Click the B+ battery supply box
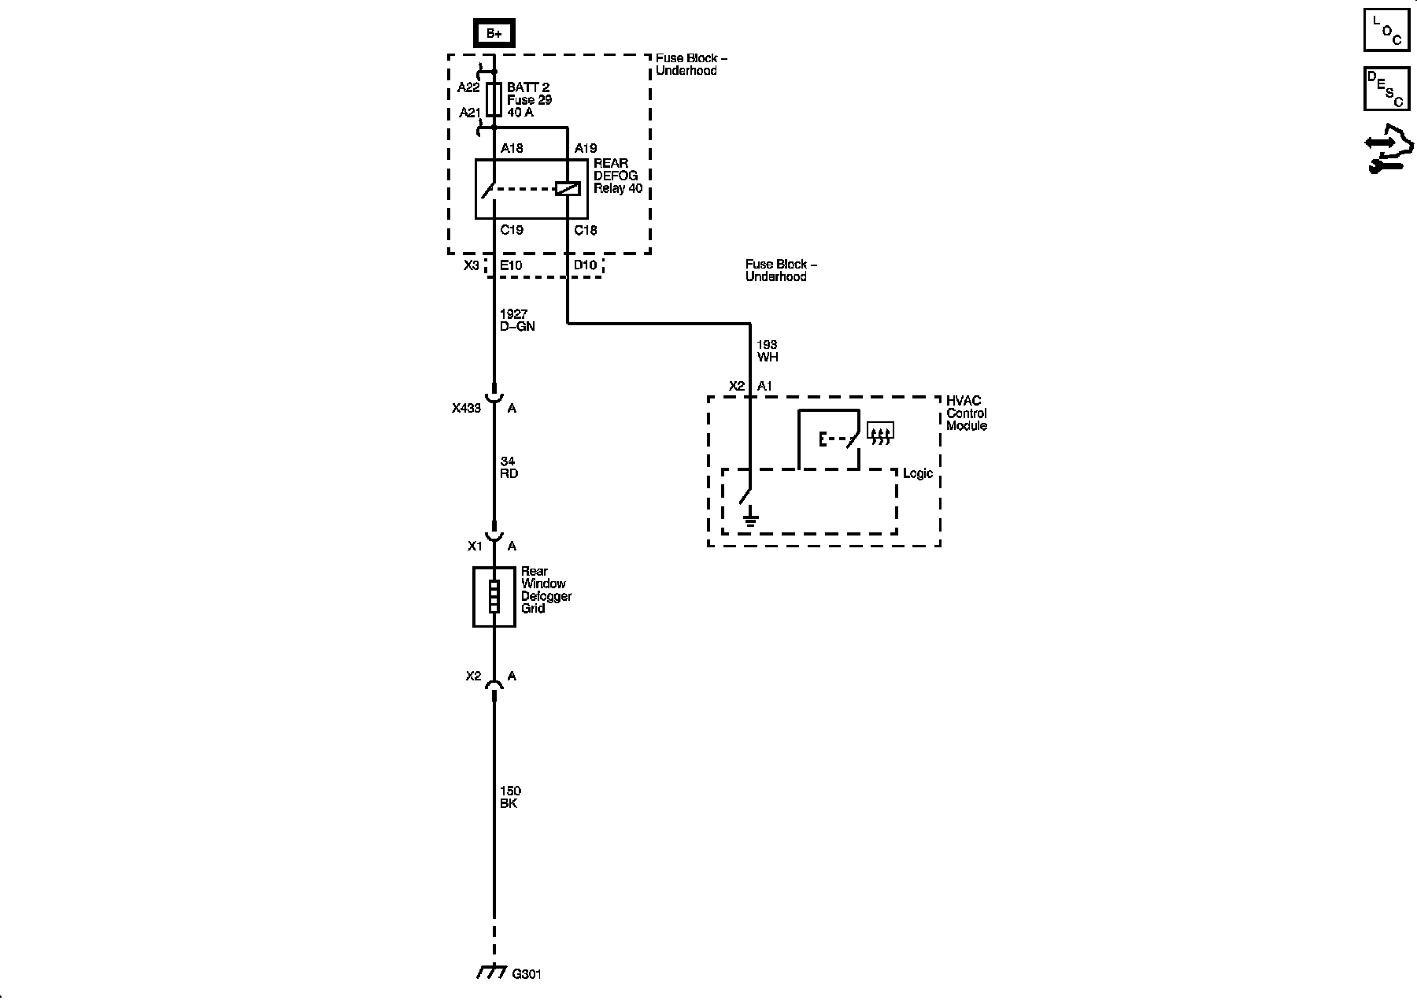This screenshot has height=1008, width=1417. click(x=494, y=34)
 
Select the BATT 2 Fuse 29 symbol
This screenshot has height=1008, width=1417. click(x=494, y=100)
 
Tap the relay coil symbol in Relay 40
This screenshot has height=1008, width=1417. click(x=568, y=188)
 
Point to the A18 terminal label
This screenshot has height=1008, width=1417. click(x=512, y=148)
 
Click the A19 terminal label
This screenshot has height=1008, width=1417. click(x=586, y=148)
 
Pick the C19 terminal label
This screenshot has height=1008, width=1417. click(x=512, y=230)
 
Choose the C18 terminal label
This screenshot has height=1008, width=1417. click(x=586, y=230)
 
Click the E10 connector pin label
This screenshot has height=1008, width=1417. click(x=511, y=265)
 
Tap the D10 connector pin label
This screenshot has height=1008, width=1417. click(x=585, y=265)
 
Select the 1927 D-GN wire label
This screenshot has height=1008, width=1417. click(x=516, y=321)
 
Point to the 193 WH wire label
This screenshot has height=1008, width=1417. click(x=767, y=350)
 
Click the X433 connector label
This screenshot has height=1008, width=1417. click(x=466, y=409)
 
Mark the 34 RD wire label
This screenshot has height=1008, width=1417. click(x=509, y=468)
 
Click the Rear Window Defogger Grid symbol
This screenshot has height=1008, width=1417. click(x=494, y=596)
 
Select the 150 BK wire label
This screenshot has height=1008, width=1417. click(x=510, y=797)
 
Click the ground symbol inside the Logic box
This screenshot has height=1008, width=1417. click(x=751, y=517)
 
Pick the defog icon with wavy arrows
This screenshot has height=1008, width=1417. click(x=880, y=432)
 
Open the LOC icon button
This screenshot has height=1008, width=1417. click(x=1386, y=30)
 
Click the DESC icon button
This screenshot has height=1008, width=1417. click(x=1386, y=88)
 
